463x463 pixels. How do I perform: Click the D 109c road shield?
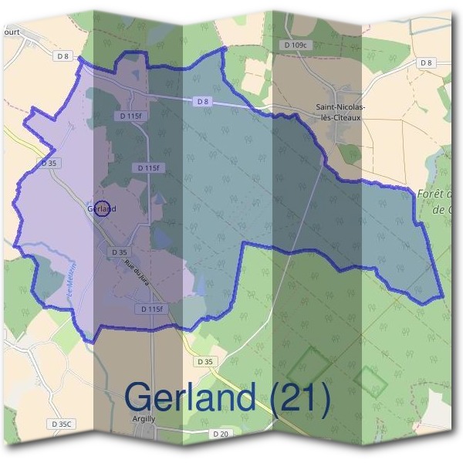tap(296, 46)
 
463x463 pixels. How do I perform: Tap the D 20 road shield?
tap(220, 434)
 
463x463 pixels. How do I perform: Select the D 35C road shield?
tap(62, 424)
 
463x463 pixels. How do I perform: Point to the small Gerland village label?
tap(101, 208)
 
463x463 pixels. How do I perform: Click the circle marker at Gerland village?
tap(102, 208)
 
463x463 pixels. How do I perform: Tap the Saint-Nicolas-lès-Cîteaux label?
tap(340, 113)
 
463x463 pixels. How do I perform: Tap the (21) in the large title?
tap(300, 397)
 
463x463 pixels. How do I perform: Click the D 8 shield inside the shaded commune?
tap(202, 101)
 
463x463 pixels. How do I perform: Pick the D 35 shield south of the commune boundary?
tap(204, 361)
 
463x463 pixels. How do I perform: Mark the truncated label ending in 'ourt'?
tap(11, 32)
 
